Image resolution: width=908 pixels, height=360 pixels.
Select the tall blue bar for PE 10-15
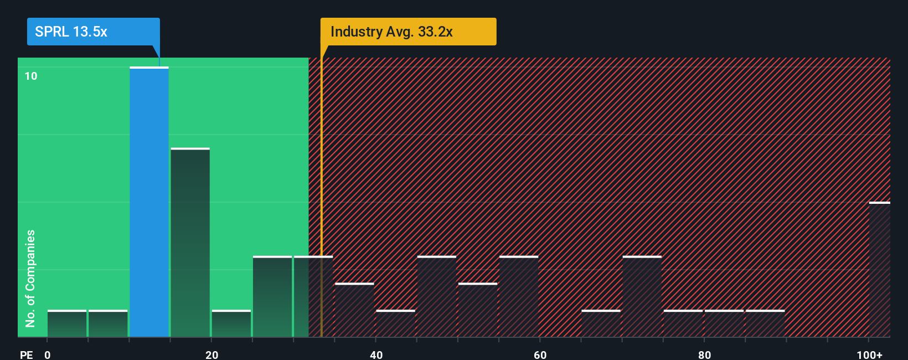point(149,202)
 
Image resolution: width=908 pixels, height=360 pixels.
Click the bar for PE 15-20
point(190,243)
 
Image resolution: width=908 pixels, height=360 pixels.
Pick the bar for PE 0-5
point(67,323)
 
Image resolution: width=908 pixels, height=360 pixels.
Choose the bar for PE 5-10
point(108,323)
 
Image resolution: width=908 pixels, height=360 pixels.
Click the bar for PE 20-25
point(231,323)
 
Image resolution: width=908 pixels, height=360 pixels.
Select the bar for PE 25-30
point(272,296)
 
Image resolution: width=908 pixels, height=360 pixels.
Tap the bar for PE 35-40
point(354,310)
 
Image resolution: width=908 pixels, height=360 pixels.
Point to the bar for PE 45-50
point(436,296)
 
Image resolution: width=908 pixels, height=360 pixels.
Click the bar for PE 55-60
point(519,296)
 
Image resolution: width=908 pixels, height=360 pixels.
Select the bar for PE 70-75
point(642,296)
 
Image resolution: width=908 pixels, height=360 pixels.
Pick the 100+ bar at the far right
point(879,270)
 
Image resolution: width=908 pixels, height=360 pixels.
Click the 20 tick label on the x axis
point(211,354)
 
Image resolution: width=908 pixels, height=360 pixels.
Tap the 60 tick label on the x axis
point(540,354)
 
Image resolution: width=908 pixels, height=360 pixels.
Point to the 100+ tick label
point(869,354)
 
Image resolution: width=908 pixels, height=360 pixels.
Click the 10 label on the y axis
point(31,76)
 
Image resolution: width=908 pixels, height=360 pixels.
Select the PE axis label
point(26,354)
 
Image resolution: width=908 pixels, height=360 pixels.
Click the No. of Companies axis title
point(30,278)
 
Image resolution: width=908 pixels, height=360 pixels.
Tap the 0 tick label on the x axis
point(48,354)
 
